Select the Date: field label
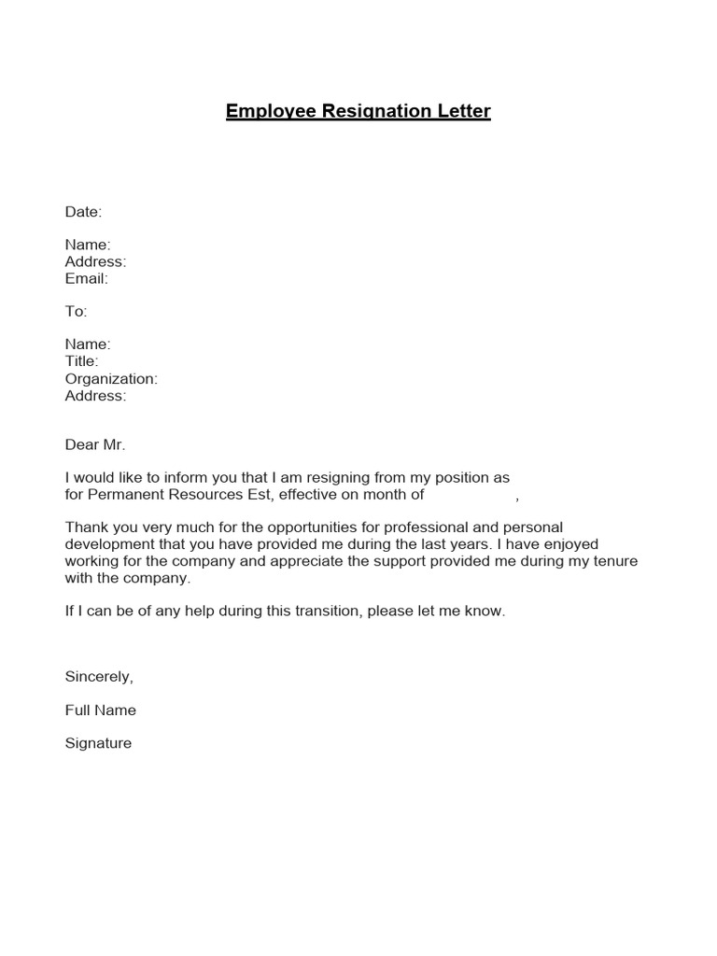point(83,212)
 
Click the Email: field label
point(86,278)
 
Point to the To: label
point(76,312)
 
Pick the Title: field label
point(81,361)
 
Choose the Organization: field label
point(111,379)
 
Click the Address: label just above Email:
point(95,261)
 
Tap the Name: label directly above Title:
point(88,344)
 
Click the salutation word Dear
point(80,445)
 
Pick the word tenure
point(613,561)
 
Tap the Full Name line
point(100,710)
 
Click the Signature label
point(98,744)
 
